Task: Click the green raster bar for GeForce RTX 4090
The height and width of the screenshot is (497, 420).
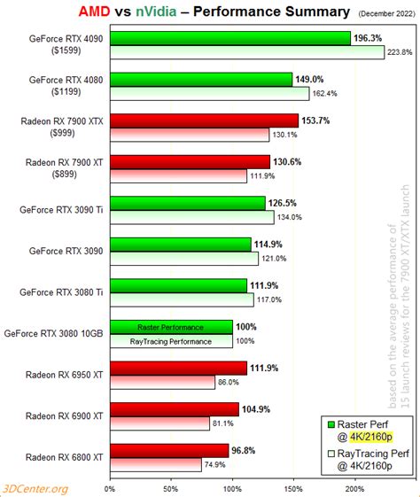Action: pyautogui.click(x=230, y=38)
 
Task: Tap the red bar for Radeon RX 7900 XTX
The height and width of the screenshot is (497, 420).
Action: pyautogui.click(x=204, y=120)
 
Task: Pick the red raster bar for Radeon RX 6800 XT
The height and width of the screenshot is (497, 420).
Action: pyautogui.click(x=169, y=450)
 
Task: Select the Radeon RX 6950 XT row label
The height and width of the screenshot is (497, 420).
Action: pyautogui.click(x=64, y=375)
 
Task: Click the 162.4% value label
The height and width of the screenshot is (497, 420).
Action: pyautogui.click(x=326, y=93)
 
